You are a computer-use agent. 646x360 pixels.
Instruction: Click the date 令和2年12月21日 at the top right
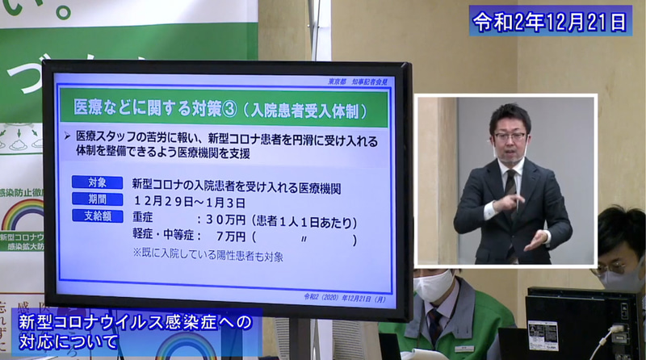(x=551, y=20)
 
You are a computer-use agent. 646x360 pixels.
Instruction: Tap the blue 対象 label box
(x=97, y=182)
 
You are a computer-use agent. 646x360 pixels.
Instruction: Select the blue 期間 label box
(x=97, y=199)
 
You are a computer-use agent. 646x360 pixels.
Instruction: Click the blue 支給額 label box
(x=97, y=216)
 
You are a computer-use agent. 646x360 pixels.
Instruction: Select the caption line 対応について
(x=69, y=342)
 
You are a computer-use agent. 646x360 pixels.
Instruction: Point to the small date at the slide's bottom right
(x=344, y=297)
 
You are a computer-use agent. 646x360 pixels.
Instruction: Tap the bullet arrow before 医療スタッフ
(x=68, y=136)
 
